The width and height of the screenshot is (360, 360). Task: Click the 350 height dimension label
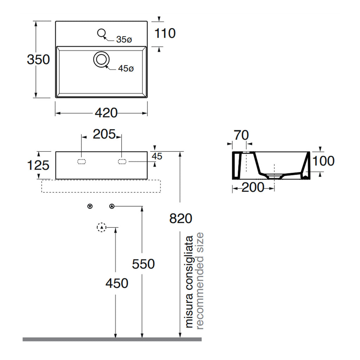[38, 59]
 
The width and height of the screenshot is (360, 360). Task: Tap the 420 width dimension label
[106, 113]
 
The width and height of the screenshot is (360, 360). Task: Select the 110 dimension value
[165, 33]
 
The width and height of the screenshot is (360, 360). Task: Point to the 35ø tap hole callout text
[124, 39]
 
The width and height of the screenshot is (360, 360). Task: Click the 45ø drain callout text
[126, 69]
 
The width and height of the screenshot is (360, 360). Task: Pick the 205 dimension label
[104, 134]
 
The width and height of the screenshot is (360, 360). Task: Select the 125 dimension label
[38, 165]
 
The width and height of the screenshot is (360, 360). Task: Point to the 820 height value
[181, 218]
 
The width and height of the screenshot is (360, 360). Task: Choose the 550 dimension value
[143, 264]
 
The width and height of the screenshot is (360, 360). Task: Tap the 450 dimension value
[117, 283]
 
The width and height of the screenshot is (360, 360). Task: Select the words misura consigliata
[189, 282]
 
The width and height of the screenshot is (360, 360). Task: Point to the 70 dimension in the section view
[241, 135]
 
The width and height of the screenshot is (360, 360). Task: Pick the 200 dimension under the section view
[253, 187]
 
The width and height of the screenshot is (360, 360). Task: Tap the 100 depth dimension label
[323, 161]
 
